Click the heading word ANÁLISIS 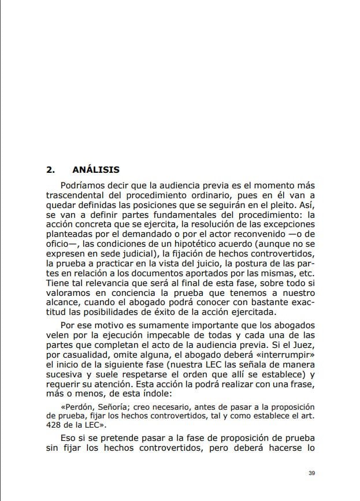pos(96,170)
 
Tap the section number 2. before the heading pos(50,170)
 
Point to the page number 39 pos(311,473)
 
